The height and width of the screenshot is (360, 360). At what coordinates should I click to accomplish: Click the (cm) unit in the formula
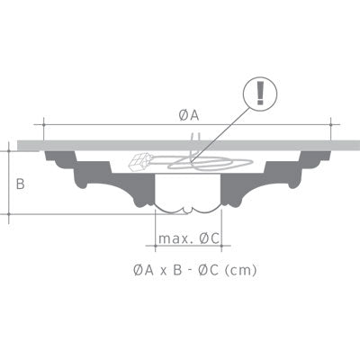[240, 268]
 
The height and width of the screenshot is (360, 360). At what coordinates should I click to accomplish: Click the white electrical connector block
[141, 163]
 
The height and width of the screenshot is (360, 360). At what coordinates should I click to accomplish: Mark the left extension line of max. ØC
[144, 232]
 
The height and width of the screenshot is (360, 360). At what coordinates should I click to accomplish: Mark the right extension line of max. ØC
[221, 232]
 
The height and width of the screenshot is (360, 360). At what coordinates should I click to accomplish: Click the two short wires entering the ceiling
[191, 137]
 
